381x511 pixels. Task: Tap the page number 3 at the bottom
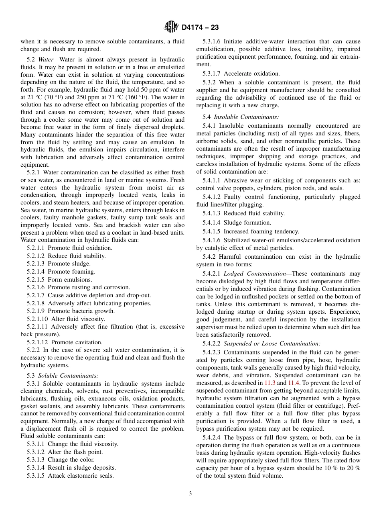[x=190, y=494]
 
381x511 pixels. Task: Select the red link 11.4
[x=294, y=383]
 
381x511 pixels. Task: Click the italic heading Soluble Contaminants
[x=68, y=376]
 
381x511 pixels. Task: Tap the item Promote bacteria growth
[x=81, y=311]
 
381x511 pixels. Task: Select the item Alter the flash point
[x=75, y=452]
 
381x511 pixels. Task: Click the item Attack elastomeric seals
[x=81, y=476]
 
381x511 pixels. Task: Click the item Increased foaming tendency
[x=261, y=231]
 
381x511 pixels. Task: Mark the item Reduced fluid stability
[x=254, y=213]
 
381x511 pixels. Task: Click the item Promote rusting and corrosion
[x=89, y=287]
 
